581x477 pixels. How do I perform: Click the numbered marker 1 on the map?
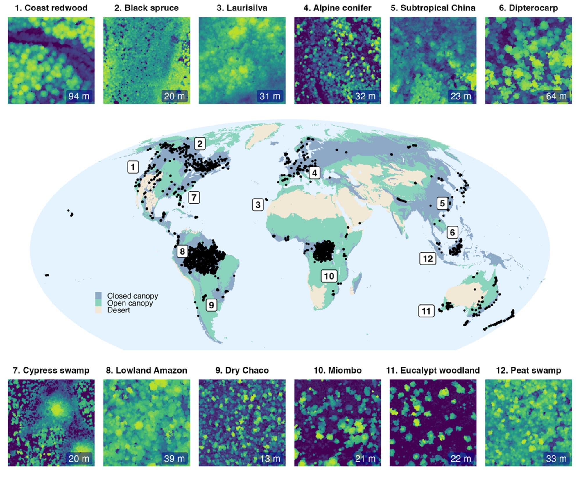pyautogui.click(x=133, y=167)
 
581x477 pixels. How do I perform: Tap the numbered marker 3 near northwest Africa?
pyautogui.click(x=258, y=205)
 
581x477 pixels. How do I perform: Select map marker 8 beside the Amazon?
pyautogui.click(x=182, y=251)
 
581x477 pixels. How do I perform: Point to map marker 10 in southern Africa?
pyautogui.click(x=329, y=276)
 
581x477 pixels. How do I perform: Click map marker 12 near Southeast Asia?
pyautogui.click(x=428, y=258)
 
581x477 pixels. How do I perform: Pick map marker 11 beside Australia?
pyautogui.click(x=426, y=311)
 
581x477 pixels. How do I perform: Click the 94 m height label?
pyautogui.click(x=79, y=96)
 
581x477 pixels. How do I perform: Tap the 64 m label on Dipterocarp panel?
pyautogui.click(x=556, y=96)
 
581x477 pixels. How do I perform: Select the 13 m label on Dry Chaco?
pyautogui.click(x=270, y=458)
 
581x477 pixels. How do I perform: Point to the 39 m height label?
pyautogui.click(x=174, y=458)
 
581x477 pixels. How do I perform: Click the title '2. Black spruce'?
pyautogui.click(x=146, y=8)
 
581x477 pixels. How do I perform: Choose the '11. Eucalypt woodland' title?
pyautogui.click(x=433, y=370)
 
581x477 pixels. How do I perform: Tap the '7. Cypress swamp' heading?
pyautogui.click(x=51, y=370)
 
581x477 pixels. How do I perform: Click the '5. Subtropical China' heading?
pyautogui.click(x=433, y=8)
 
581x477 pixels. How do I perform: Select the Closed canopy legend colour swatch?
pyautogui.click(x=98, y=296)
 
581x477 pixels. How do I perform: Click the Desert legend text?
pyautogui.click(x=119, y=310)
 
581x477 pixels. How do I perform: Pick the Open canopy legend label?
pyautogui.click(x=130, y=303)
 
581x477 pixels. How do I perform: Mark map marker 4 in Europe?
pyautogui.click(x=314, y=173)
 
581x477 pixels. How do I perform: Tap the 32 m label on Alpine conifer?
pyautogui.click(x=365, y=96)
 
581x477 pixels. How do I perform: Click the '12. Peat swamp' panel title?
pyautogui.click(x=528, y=370)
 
